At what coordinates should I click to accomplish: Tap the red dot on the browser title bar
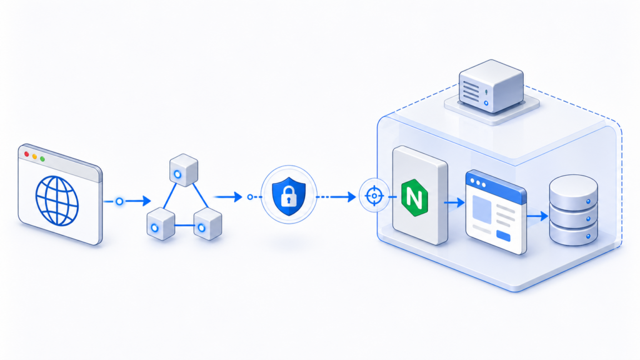point(26,154)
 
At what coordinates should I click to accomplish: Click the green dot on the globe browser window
point(42,159)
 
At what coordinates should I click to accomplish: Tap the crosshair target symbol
point(374,196)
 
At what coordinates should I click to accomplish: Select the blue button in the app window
point(504,235)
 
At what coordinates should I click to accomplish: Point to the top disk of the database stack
point(572,187)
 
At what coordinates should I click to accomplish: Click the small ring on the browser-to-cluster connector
point(119,201)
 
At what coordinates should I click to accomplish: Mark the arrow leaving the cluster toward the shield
point(230,197)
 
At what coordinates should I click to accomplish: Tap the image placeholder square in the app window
point(484,208)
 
